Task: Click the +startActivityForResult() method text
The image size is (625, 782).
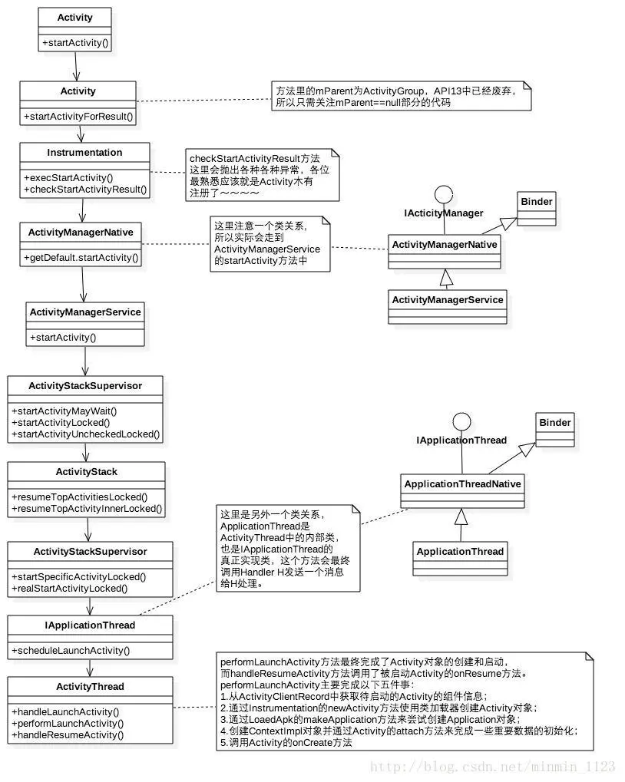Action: click(78, 117)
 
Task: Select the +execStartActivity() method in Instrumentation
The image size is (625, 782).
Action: click(68, 177)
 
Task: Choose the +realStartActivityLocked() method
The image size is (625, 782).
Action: click(69, 589)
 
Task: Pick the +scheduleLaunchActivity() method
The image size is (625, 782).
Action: click(71, 651)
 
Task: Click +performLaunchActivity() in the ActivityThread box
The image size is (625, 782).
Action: click(68, 723)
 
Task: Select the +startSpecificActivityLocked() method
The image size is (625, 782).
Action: click(79, 576)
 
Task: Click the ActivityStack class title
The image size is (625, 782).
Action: click(86, 471)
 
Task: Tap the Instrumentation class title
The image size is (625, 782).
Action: click(84, 152)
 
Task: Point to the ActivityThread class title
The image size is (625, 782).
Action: click(90, 686)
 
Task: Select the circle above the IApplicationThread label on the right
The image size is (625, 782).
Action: click(461, 421)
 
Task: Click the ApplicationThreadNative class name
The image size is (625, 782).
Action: click(462, 483)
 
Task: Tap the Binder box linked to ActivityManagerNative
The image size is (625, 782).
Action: click(536, 202)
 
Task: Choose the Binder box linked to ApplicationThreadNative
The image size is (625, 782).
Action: click(554, 423)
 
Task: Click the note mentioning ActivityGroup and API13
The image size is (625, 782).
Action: click(402, 97)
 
